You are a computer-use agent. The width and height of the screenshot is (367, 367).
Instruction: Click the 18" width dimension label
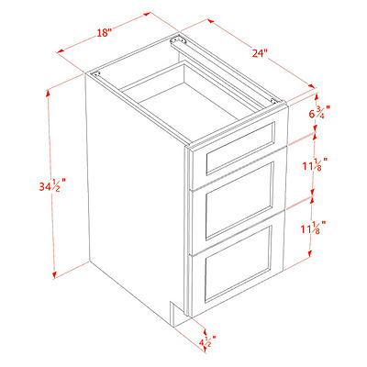pyautogui.click(x=104, y=32)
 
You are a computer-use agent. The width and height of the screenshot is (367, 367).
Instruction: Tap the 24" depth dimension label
pyautogui.click(x=260, y=52)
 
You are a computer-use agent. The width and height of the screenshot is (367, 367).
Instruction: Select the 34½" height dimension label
pyautogui.click(x=52, y=185)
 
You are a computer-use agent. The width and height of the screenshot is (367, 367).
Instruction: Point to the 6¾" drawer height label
pyautogui.click(x=319, y=112)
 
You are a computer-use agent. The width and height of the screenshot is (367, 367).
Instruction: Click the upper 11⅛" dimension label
pyautogui.click(x=316, y=164)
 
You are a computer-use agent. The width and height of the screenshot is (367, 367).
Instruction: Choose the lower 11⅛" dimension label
pyautogui.click(x=313, y=228)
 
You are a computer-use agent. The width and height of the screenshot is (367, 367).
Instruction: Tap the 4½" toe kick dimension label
pyautogui.click(x=207, y=341)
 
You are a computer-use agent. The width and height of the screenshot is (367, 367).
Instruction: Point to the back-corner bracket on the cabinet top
pyautogui.click(x=177, y=40)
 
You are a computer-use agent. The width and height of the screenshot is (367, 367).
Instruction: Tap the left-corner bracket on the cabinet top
pyautogui.click(x=95, y=73)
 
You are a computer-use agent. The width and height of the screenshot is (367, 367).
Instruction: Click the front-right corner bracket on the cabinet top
pyautogui.click(x=275, y=101)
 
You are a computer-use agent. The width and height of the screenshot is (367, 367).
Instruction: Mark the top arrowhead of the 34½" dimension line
pyautogui.click(x=48, y=93)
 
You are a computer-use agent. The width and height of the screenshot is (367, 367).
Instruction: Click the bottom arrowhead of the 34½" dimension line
pyautogui.click(x=54, y=275)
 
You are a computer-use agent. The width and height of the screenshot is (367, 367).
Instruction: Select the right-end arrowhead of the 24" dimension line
pyautogui.click(x=312, y=86)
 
